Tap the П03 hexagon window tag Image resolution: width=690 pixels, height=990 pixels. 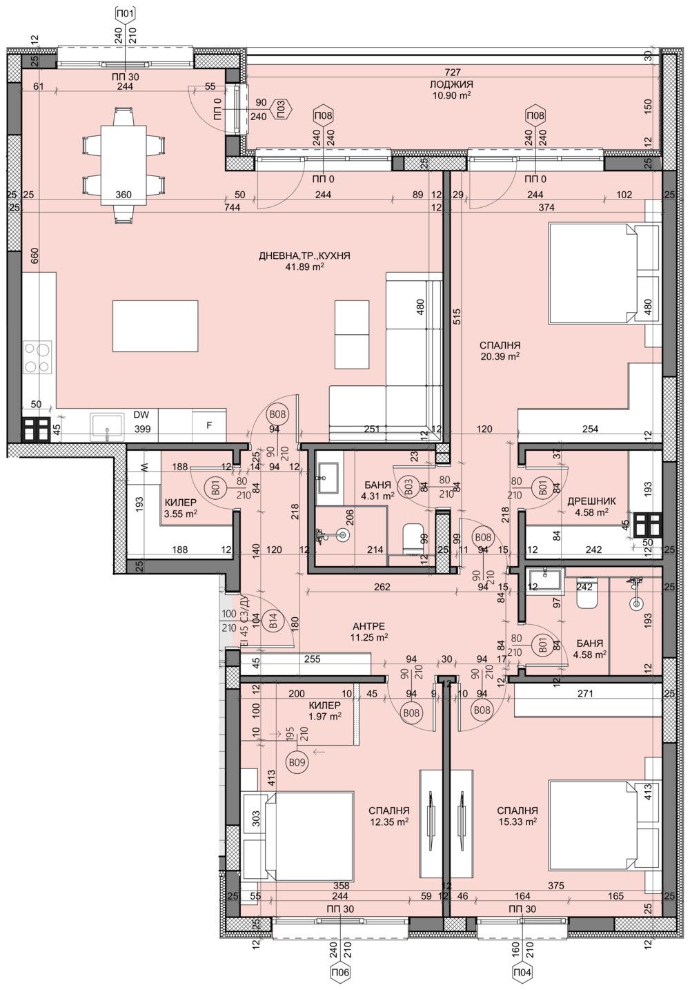click(x=281, y=108)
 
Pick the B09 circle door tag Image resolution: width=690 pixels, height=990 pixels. click(x=297, y=762)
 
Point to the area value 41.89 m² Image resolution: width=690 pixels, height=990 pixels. click(x=304, y=267)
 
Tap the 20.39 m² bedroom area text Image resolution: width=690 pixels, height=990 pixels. click(x=500, y=357)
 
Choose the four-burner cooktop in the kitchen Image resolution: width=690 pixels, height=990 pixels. click(x=37, y=359)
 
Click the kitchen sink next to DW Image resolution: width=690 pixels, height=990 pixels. click(x=108, y=427)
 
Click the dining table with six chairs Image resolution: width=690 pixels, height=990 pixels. click(x=124, y=164)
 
